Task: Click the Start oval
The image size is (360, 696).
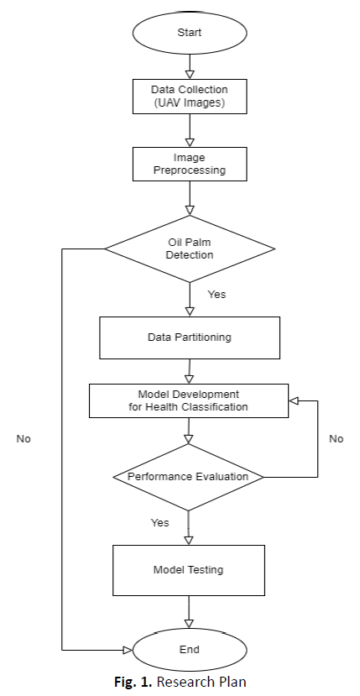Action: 190,33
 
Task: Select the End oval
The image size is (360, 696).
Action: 190,650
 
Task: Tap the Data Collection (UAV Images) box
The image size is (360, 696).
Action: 190,97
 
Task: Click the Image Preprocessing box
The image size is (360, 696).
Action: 190,164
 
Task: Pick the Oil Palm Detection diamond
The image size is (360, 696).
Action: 190,249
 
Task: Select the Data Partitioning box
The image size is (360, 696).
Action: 190,338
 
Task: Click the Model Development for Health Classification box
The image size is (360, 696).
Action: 189,400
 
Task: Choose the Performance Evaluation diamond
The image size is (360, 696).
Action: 188,477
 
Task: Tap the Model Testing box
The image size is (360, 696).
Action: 189,570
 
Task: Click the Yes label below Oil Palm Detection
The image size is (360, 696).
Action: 217,295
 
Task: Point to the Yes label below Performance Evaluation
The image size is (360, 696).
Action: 159,522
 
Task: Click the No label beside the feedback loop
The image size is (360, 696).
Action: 336,438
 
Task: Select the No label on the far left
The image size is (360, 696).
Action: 23,438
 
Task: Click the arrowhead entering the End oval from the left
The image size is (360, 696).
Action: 128,651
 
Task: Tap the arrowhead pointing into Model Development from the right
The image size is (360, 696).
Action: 295,400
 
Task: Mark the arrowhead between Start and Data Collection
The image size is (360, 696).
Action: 190,75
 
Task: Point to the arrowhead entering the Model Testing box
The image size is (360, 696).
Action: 189,540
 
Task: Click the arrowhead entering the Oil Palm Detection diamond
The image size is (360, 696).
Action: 190,211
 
